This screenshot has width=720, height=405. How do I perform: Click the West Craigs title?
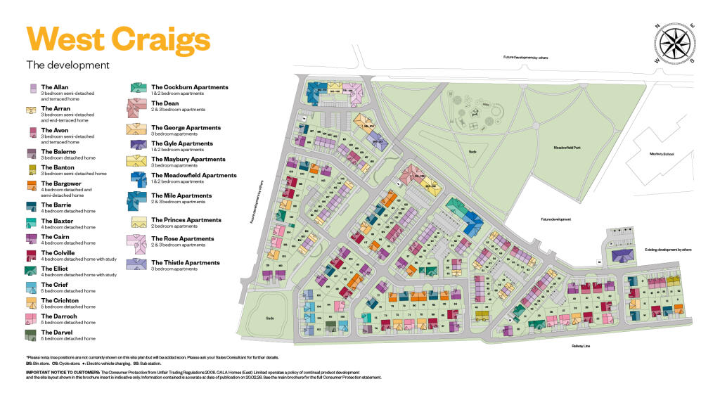(117, 38)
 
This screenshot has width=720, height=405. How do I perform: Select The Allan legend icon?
(32, 89)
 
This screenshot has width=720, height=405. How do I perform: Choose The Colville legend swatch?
(32, 254)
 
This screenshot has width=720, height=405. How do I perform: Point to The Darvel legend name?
(57, 332)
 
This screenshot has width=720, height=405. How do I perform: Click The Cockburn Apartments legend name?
(189, 87)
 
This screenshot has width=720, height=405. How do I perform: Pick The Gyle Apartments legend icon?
(136, 144)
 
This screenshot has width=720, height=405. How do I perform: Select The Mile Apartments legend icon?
(136, 200)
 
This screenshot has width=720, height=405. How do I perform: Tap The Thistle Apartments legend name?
(185, 263)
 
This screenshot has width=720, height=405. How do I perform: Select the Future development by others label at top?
(525, 58)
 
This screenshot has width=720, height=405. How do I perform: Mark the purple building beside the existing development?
(622, 255)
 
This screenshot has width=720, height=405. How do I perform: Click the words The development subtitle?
(67, 65)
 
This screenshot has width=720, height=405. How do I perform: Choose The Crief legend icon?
(32, 287)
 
